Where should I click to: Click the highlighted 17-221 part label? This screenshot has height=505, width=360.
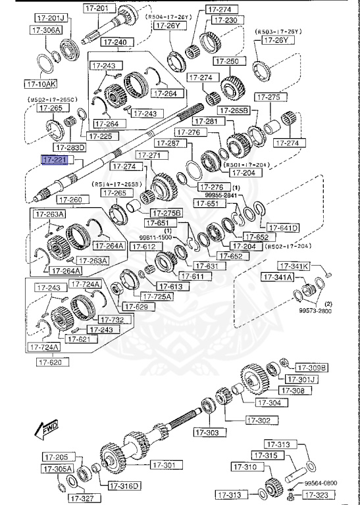[x=53, y=160]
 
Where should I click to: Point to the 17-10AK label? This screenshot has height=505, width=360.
[x=41, y=84]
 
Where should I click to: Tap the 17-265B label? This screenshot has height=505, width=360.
[x=234, y=111]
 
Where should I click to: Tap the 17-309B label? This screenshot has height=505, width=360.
[x=311, y=367]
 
